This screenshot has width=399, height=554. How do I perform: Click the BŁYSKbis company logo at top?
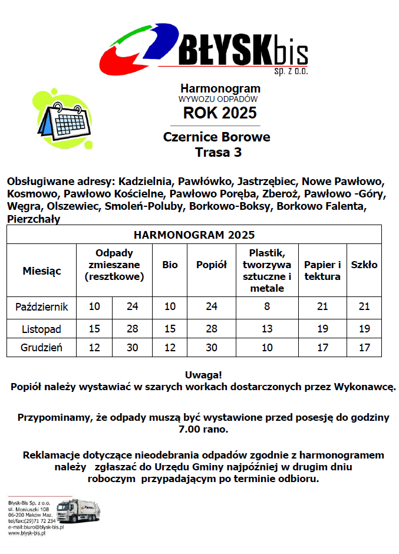[204, 47]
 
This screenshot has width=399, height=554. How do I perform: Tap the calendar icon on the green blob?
[65, 117]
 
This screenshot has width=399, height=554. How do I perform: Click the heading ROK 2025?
[219, 113]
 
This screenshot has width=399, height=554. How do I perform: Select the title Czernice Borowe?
[216, 137]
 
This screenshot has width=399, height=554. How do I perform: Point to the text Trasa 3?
[218, 153]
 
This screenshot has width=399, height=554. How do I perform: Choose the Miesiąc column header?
[42, 271]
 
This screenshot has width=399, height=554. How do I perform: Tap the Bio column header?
[170, 265]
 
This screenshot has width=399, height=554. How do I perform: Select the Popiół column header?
[212, 265]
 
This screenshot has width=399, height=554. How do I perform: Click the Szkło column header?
[364, 265]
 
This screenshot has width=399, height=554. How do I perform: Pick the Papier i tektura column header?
[322, 271]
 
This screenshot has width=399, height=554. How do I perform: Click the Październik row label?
[42, 306]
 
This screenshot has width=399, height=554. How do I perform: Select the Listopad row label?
[42, 328]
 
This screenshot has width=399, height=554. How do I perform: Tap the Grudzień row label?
[42, 347]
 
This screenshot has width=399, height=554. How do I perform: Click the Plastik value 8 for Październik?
[267, 306]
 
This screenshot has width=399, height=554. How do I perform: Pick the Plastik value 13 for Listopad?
[267, 328]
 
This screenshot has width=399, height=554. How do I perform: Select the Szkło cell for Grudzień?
[364, 347]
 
